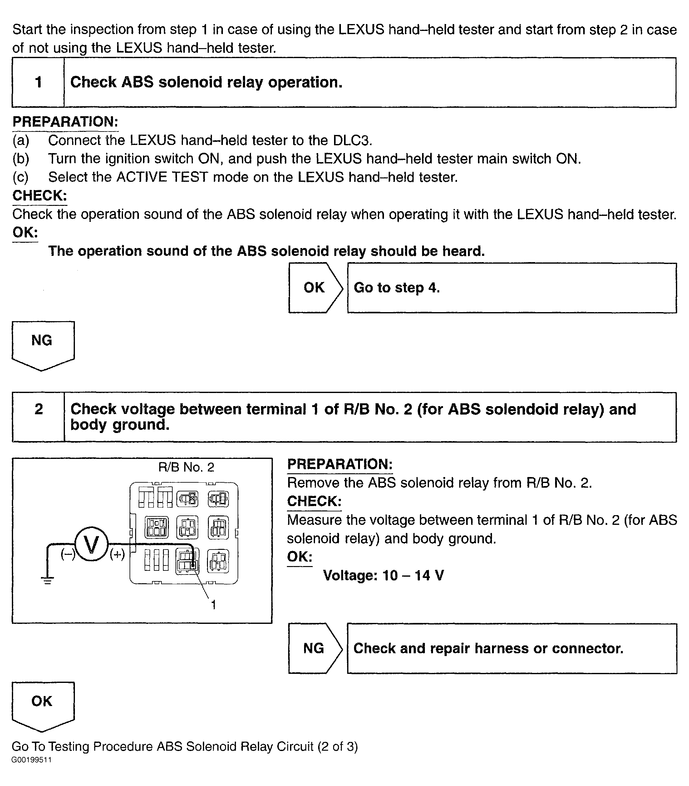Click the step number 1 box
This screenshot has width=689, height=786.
[x=38, y=82]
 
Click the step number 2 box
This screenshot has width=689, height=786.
[x=38, y=416]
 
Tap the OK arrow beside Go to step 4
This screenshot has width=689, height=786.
[x=315, y=288]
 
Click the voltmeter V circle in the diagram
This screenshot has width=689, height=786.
[x=91, y=545]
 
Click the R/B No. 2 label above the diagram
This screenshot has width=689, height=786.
[x=186, y=467]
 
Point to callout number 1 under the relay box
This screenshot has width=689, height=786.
[x=214, y=605]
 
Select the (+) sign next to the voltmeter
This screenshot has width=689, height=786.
[x=117, y=554]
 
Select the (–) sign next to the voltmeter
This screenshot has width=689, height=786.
[x=68, y=554]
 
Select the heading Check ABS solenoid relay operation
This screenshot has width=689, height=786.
[x=206, y=82]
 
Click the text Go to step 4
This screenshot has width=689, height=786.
[x=396, y=288]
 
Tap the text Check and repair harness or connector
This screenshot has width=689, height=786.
[x=488, y=648]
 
